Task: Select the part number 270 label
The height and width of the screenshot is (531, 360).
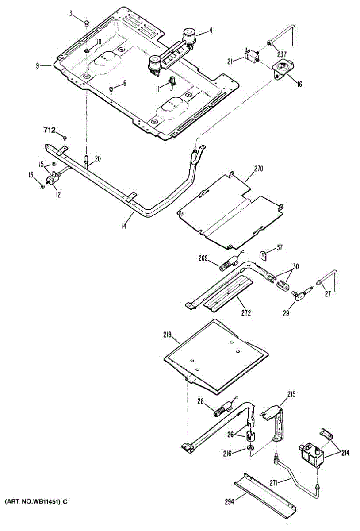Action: pyautogui.click(x=258, y=169)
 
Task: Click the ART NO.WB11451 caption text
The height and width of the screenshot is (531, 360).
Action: pyautogui.click(x=36, y=501)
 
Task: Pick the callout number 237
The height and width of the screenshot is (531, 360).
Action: pyautogui.click(x=282, y=55)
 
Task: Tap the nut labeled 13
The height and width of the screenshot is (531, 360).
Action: pyautogui.click(x=42, y=186)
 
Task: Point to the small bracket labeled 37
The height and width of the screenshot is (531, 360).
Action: pyautogui.click(x=262, y=255)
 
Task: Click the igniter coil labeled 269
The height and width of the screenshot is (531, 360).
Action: pyautogui.click(x=226, y=266)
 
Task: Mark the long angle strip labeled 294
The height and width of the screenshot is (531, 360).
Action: pyautogui.click(x=265, y=492)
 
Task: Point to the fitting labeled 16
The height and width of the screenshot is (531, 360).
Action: pyautogui.click(x=281, y=69)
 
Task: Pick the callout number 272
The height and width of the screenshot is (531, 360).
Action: pyautogui.click(x=246, y=313)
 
